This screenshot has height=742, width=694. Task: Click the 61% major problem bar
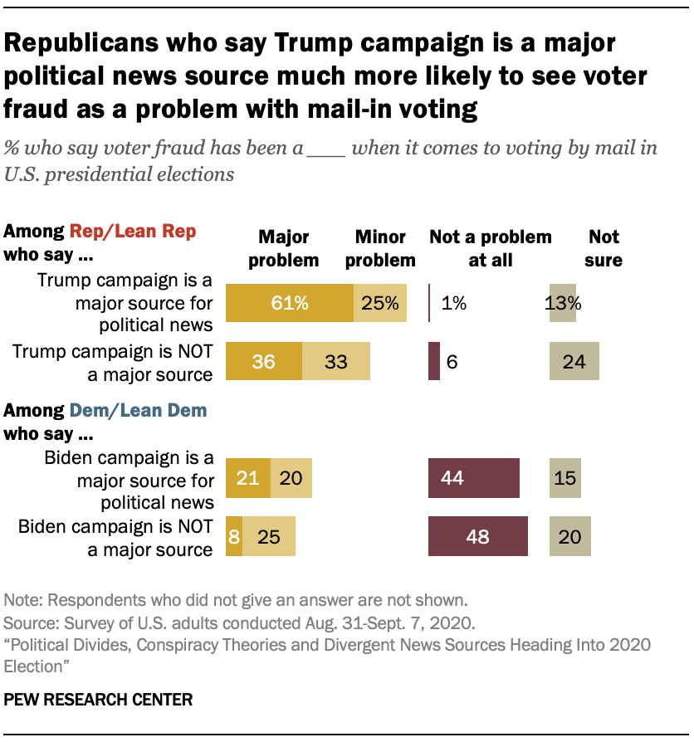coord(289,303)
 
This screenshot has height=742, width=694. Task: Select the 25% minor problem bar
coord(380,303)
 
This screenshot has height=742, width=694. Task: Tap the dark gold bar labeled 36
coord(263,362)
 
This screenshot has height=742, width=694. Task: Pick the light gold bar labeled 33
coord(335,362)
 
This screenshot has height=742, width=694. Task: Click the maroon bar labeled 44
coord(473,478)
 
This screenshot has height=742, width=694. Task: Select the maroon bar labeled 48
coord(477,536)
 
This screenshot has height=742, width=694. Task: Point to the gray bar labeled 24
coord(574,362)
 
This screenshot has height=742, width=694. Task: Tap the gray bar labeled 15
coord(564,478)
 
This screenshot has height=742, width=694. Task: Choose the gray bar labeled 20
coord(569,536)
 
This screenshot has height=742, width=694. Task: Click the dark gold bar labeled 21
coord(247,478)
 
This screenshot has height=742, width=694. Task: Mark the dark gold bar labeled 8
coord(233,536)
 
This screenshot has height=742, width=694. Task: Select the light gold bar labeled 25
coord(268,536)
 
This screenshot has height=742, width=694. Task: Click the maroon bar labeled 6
coord(433,362)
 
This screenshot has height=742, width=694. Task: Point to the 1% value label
coord(453,303)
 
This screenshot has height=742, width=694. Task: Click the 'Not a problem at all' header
coord(490,248)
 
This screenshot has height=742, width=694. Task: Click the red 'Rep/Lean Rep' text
coord(133,232)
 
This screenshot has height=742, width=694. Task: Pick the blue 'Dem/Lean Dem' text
coord(138,410)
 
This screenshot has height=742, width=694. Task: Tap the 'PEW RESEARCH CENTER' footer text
coord(98,700)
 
